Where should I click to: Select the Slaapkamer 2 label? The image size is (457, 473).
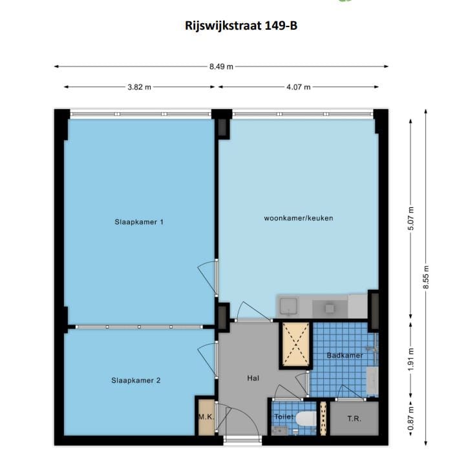[136, 381]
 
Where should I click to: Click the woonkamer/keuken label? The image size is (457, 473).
[298, 218]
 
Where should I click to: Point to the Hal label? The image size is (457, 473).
[253, 378]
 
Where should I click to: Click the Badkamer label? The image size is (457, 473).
[345, 356]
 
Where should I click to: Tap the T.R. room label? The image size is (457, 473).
[354, 418]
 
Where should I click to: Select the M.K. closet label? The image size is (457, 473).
[206, 417]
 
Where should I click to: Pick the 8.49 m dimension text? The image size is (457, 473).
[222, 66]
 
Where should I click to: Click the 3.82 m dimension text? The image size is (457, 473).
[139, 87]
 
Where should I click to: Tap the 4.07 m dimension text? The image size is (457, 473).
[298, 87]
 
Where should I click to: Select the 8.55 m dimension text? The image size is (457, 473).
[426, 278]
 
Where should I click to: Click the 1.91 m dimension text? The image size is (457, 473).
[411, 360]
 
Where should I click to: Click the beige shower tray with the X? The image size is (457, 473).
[294, 344]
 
